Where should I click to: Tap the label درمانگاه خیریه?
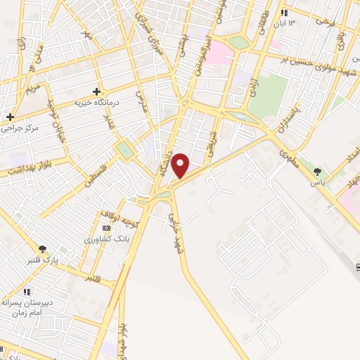tap(98, 103)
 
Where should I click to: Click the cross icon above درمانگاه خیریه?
tap(97, 91)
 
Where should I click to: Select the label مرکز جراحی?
tap(20, 128)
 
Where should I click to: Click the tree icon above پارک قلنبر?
tap(43, 248)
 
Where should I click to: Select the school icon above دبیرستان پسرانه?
tap(27, 291)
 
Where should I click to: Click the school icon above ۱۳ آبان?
tap(284, 13)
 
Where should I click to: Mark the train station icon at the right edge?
tap(357, 266)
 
